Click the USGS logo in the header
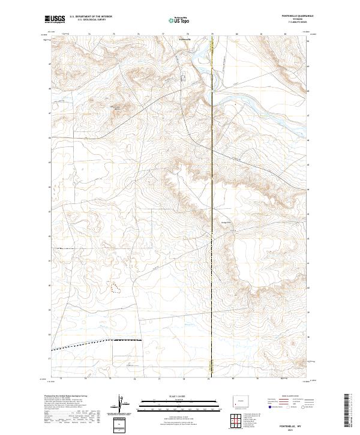pyautogui.click(x=55, y=20)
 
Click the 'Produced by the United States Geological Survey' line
pyautogui.click(x=66, y=396)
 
